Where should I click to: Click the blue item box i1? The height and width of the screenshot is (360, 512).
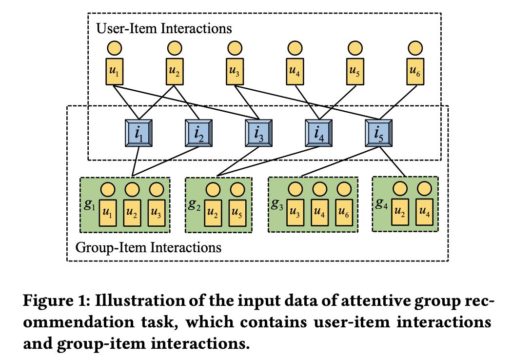(139, 132)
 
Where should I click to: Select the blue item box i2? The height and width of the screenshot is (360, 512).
(199, 132)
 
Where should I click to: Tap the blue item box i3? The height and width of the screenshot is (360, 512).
(258, 132)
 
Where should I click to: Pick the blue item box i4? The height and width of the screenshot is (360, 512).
(318, 132)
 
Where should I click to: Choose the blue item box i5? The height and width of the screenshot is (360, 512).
(378, 132)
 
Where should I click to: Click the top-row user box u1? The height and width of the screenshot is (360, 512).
(114, 71)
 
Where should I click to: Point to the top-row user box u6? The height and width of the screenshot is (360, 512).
(415, 71)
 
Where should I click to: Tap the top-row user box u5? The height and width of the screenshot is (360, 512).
(355, 71)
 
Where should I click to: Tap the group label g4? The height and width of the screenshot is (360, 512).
(381, 204)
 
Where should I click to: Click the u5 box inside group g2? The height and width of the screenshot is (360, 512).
(237, 213)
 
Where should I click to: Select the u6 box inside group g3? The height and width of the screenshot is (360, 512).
(343, 213)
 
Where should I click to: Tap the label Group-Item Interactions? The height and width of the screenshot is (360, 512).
(148, 247)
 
